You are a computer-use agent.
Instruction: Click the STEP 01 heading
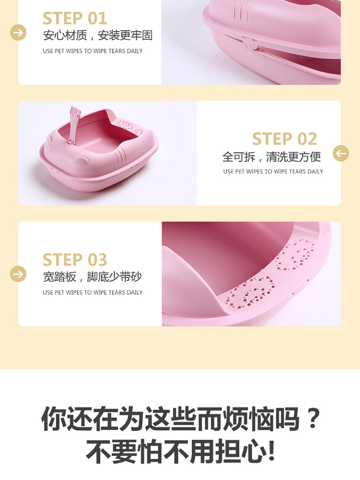click(x=75, y=18)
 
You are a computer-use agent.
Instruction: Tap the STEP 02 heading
click(x=284, y=139)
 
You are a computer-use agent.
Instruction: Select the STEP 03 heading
click(x=75, y=260)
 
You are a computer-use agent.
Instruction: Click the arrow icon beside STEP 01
click(x=18, y=33)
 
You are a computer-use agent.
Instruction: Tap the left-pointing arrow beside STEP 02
click(x=341, y=153)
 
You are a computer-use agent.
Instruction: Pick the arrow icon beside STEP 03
click(x=18, y=274)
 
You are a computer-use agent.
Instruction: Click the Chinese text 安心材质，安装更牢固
click(x=97, y=36)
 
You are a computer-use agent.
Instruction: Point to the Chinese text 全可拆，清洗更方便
click(x=272, y=157)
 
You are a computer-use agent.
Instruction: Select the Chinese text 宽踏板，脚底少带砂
click(x=92, y=277)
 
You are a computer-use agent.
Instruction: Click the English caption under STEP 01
click(x=93, y=51)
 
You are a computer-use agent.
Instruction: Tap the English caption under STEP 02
click(x=273, y=171)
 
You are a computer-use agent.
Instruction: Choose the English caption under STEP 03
click(x=93, y=292)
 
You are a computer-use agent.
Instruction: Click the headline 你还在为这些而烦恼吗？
click(x=180, y=419)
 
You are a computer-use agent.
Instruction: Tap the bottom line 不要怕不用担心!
click(x=180, y=452)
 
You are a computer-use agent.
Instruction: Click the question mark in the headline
click(x=313, y=418)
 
